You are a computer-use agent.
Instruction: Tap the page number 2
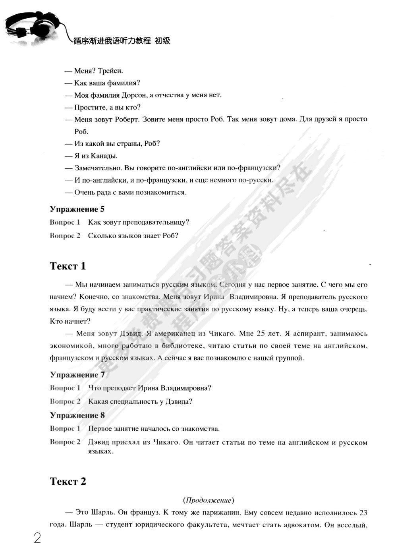[x=37, y=538]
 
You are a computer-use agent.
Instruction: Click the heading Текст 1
[x=68, y=266]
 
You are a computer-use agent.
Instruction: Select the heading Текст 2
[x=68, y=481]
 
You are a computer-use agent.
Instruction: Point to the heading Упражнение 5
[x=77, y=209]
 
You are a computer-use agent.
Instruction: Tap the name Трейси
[x=110, y=71]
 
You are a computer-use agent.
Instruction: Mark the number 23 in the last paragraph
[x=363, y=512]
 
